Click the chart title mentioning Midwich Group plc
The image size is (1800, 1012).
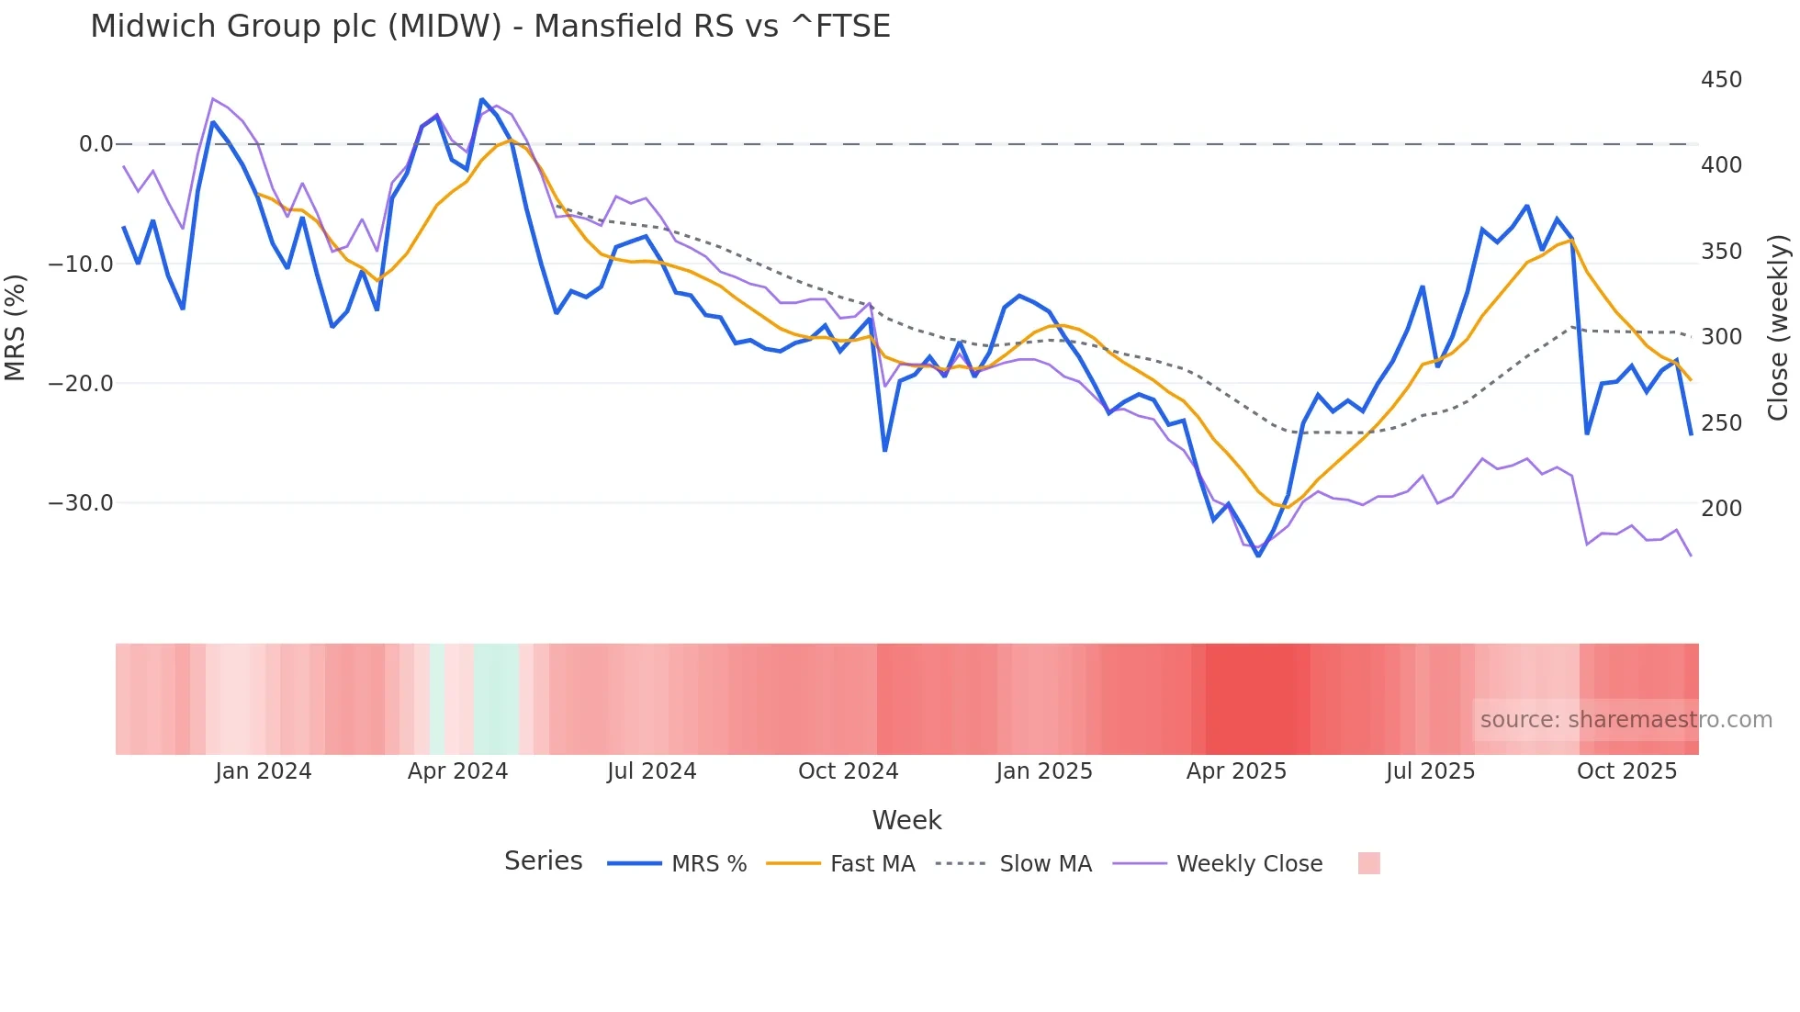pos(489,27)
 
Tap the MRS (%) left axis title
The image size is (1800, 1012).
pos(16,327)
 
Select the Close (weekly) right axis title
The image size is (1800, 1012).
pos(1779,327)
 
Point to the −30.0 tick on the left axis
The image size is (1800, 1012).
pos(81,503)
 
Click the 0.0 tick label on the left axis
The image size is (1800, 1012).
pos(96,144)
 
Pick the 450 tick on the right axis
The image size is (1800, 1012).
pos(1721,80)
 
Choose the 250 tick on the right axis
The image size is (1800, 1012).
pos(1721,423)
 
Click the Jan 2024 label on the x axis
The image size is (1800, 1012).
pos(264,771)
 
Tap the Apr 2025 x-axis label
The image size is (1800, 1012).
pos(1236,771)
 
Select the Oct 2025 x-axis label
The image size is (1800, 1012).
pos(1626,771)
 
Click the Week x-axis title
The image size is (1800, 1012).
pos(906,820)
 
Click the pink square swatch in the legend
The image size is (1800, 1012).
pos(1368,863)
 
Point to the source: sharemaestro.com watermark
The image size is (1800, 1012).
pos(1626,720)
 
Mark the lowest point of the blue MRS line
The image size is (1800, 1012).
pos(1258,556)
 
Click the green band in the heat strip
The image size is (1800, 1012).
pos(497,699)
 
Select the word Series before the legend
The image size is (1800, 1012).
pos(543,861)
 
